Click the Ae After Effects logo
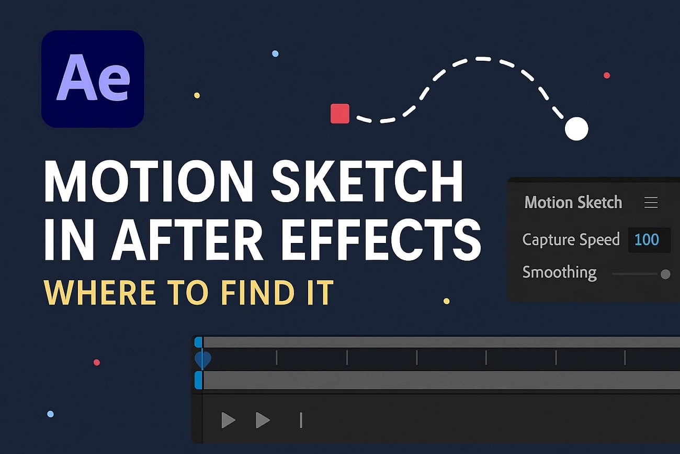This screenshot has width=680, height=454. (x=93, y=79)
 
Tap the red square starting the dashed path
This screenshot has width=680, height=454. (x=340, y=114)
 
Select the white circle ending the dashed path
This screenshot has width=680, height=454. (x=576, y=129)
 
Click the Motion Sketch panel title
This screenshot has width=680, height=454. (x=573, y=203)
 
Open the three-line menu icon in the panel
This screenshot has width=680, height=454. (x=651, y=203)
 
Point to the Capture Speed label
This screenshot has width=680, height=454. (x=571, y=240)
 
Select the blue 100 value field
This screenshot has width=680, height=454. (x=647, y=240)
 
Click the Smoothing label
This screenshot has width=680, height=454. (x=559, y=272)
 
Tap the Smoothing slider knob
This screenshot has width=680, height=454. (x=665, y=274)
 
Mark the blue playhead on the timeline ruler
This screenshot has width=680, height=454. (x=202, y=359)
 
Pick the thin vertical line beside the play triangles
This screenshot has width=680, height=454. (x=301, y=420)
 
